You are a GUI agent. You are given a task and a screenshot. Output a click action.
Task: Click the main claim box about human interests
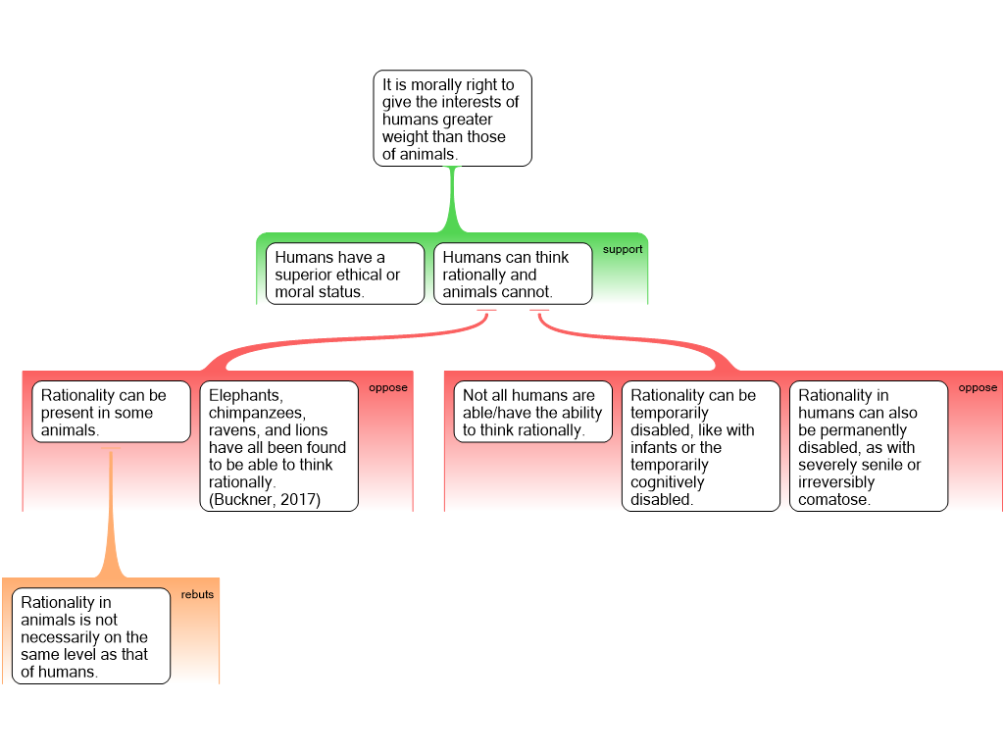click(452, 118)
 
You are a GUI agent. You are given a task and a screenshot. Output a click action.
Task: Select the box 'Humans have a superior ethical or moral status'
click(344, 274)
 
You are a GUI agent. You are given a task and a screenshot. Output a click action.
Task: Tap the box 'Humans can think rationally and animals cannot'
click(512, 274)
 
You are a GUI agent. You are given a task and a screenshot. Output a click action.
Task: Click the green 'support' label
click(622, 249)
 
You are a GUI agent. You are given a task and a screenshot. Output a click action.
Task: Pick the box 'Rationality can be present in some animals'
click(111, 412)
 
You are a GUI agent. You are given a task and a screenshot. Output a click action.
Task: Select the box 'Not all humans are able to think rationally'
click(532, 412)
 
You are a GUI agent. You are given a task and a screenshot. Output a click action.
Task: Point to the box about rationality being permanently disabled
click(868, 446)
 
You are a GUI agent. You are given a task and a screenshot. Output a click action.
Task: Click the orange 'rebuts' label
click(197, 594)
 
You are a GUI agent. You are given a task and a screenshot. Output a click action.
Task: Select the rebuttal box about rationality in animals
click(90, 635)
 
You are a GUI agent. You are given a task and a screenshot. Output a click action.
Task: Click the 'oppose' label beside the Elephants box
click(387, 387)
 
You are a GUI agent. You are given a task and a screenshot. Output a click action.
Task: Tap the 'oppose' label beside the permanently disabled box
click(977, 387)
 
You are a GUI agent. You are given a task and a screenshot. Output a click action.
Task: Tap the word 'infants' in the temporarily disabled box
click(651, 448)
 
